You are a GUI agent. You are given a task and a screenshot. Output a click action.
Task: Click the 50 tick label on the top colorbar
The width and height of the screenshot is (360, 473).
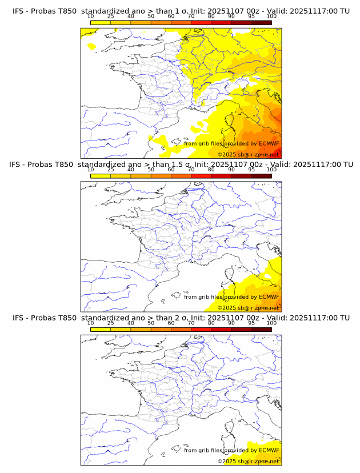click(x=151, y=17)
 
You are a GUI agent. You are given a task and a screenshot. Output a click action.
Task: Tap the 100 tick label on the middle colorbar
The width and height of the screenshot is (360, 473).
click(x=271, y=170)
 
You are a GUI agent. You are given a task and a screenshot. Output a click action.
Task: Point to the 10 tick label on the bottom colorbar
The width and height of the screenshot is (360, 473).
click(x=90, y=323)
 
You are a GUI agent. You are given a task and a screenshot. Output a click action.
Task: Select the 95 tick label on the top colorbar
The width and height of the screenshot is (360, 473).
click(x=251, y=17)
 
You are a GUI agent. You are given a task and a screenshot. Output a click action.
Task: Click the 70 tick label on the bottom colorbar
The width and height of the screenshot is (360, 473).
click(x=191, y=323)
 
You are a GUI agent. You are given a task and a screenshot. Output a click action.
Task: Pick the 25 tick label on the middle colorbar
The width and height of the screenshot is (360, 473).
click(x=110, y=170)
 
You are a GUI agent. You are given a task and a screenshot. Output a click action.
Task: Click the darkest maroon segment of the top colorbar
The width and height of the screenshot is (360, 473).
click(x=261, y=22)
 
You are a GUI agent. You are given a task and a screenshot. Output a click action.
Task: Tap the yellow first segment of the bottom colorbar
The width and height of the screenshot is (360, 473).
click(x=100, y=329)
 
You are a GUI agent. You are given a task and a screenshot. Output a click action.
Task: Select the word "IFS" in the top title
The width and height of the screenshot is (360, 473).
click(x=19, y=11)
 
